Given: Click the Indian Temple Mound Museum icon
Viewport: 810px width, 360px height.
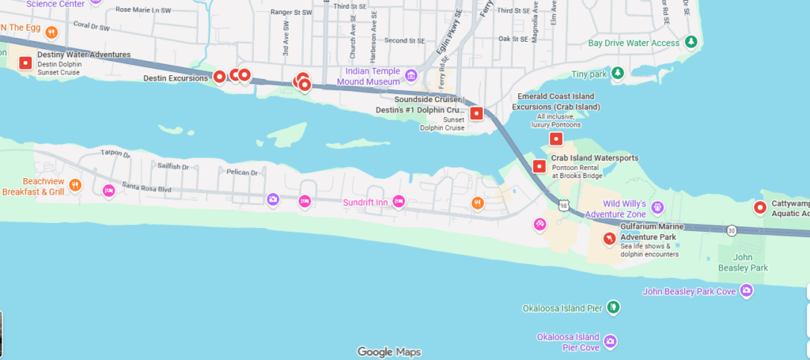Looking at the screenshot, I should (x=411, y=76).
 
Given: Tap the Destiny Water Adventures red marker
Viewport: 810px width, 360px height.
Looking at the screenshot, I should (x=25, y=63).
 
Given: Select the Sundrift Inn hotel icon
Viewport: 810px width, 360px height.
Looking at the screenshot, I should (x=399, y=202).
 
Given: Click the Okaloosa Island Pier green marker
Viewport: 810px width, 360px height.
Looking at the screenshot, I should (x=613, y=307).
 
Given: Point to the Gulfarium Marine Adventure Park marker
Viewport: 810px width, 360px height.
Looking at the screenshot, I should (x=609, y=238).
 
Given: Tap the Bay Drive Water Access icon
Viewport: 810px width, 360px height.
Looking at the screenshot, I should (x=691, y=42).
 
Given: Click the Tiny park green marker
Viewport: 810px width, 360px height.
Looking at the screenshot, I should (x=618, y=74).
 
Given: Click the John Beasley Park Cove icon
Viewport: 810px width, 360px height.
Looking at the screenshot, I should (x=747, y=292).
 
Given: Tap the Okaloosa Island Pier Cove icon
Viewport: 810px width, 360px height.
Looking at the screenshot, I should (x=610, y=342).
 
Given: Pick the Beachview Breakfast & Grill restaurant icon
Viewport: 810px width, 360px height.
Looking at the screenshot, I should (x=75, y=185).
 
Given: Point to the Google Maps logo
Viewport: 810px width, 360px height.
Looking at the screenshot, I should (x=388, y=351).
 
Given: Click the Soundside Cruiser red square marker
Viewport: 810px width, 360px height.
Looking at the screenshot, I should (x=476, y=113).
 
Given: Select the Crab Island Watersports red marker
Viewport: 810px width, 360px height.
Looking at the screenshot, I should (x=539, y=166).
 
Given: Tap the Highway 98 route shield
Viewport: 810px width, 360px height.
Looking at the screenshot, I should (x=563, y=207).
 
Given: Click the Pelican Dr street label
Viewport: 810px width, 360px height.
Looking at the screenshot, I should (x=220, y=172).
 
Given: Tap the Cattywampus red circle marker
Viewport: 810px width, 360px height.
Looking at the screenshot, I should (x=760, y=208).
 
